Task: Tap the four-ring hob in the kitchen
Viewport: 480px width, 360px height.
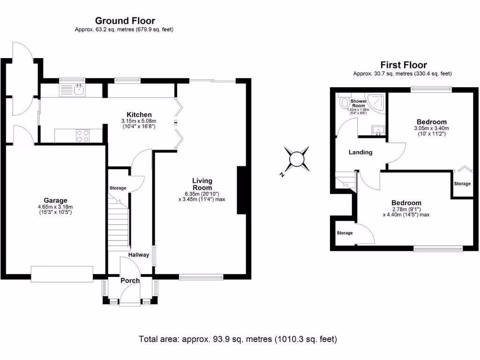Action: (x=82, y=135)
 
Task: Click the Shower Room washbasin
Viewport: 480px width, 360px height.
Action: (x=377, y=130)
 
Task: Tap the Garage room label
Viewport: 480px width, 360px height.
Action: (x=56, y=200)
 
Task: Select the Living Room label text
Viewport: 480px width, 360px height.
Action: (x=202, y=184)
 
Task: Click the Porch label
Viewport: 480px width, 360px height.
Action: (x=130, y=281)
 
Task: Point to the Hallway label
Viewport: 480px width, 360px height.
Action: (x=139, y=255)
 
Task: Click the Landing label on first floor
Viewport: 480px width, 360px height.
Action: (x=360, y=152)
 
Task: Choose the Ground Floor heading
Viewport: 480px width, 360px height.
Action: (x=125, y=21)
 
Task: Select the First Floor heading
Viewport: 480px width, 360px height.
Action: (x=403, y=65)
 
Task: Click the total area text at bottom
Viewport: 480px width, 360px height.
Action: (x=238, y=339)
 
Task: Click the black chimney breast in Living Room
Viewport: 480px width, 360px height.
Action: (x=241, y=191)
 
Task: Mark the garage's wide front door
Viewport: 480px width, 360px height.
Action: (x=61, y=274)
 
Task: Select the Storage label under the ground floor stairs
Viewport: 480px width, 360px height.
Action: (x=118, y=188)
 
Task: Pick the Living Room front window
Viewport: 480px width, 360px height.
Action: (x=202, y=278)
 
